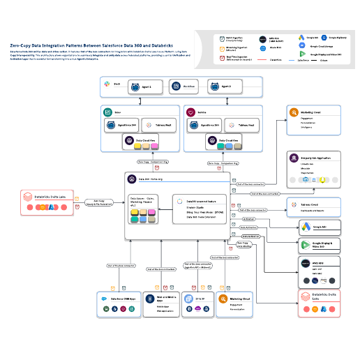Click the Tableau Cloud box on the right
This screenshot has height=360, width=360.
(314, 207)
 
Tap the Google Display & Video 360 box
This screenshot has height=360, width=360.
(318, 245)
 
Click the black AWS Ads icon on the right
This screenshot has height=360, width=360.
(304, 264)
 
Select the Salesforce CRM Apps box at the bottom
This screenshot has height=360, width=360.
(117, 301)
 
